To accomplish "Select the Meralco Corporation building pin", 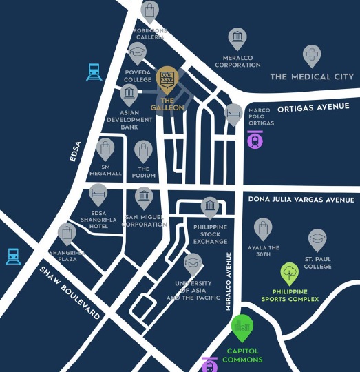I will (x=237, y=37).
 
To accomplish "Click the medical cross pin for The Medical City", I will (x=312, y=55).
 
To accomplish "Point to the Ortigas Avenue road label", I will (x=313, y=107).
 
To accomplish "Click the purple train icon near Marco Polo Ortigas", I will (x=255, y=140).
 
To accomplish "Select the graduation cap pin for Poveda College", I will (x=138, y=52).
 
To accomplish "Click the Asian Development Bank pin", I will (x=128, y=94).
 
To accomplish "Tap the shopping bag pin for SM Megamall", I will (x=105, y=147).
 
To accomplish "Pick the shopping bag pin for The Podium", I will (x=143, y=150).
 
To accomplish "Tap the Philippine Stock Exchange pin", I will (x=209, y=206).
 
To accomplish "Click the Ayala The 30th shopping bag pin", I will (x=263, y=227).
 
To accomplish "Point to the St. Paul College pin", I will (x=317, y=240).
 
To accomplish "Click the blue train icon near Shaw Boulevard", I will (x=13, y=256).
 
